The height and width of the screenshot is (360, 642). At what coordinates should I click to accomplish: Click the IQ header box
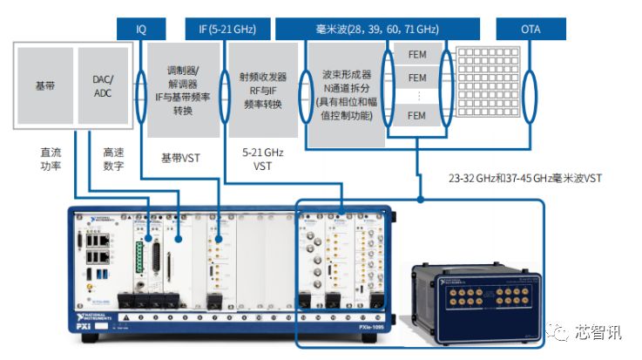point(141,29)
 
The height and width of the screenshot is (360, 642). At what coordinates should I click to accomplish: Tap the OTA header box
point(530,29)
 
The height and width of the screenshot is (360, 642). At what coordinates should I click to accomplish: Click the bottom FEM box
point(417,115)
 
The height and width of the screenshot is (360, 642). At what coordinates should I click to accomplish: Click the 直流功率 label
point(50,158)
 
